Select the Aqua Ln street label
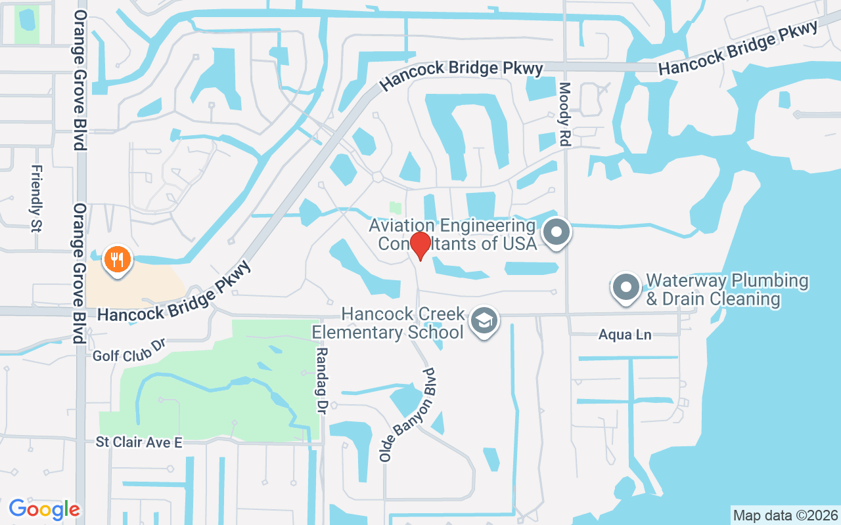click(624, 335)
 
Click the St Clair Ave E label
click(139, 442)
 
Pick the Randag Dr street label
click(321, 381)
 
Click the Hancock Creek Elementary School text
click(388, 323)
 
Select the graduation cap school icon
click(485, 321)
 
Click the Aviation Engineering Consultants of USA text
click(453, 234)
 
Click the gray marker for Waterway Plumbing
click(626, 287)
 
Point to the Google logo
click(45, 509)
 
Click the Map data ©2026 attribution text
click(786, 515)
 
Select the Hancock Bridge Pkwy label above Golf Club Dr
click(174, 293)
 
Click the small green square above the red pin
click(395, 207)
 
